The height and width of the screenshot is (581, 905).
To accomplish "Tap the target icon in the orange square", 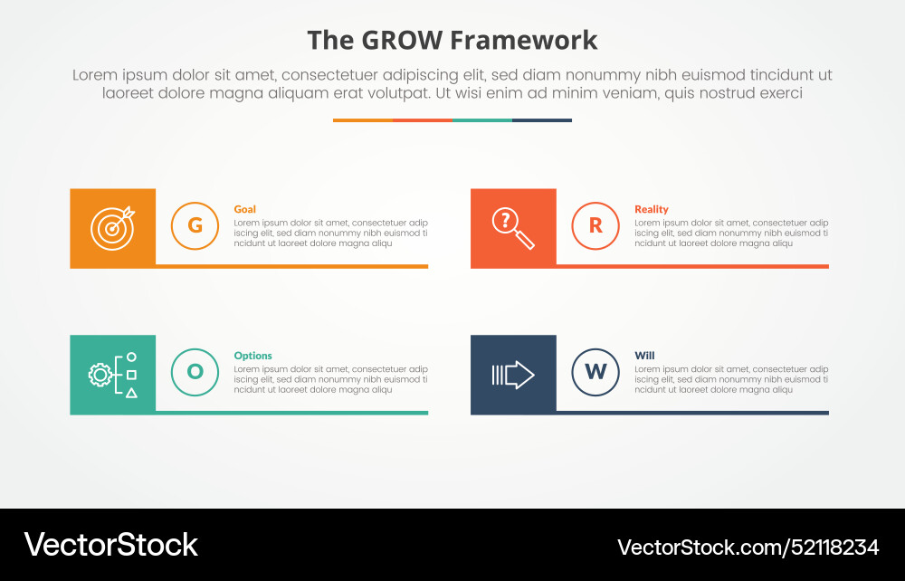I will (112, 228).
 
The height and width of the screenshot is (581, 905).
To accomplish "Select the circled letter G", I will (195, 225).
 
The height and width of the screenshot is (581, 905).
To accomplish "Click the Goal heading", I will (244, 209).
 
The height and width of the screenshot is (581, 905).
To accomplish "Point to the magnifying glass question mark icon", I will (512, 228).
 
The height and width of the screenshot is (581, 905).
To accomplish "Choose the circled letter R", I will (595, 225).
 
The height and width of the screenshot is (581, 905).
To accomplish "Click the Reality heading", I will (651, 209).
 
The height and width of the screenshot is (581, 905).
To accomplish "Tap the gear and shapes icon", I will (112, 375).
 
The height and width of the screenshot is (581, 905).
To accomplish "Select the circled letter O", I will (195, 372).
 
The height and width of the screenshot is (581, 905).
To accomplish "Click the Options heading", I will (252, 356).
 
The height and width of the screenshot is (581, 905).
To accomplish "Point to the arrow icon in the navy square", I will (512, 375).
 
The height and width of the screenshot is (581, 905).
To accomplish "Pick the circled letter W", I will (595, 372).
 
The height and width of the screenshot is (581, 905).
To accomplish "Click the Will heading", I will (644, 356).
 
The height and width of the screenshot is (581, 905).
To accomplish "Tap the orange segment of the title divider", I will (363, 119).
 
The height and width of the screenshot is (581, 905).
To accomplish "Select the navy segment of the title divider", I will (542, 119).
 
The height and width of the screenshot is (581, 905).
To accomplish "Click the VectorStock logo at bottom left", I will (110, 545).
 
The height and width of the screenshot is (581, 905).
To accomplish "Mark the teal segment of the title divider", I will (482, 119).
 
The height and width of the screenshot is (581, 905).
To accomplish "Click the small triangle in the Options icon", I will (131, 393).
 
